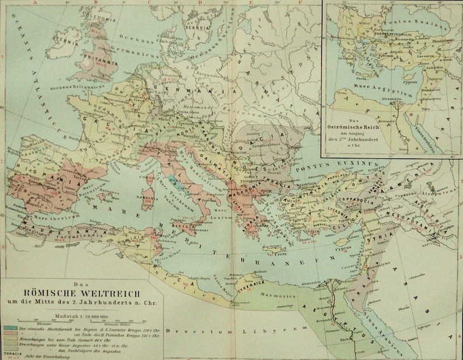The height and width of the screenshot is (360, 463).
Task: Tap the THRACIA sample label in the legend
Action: [12, 353]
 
